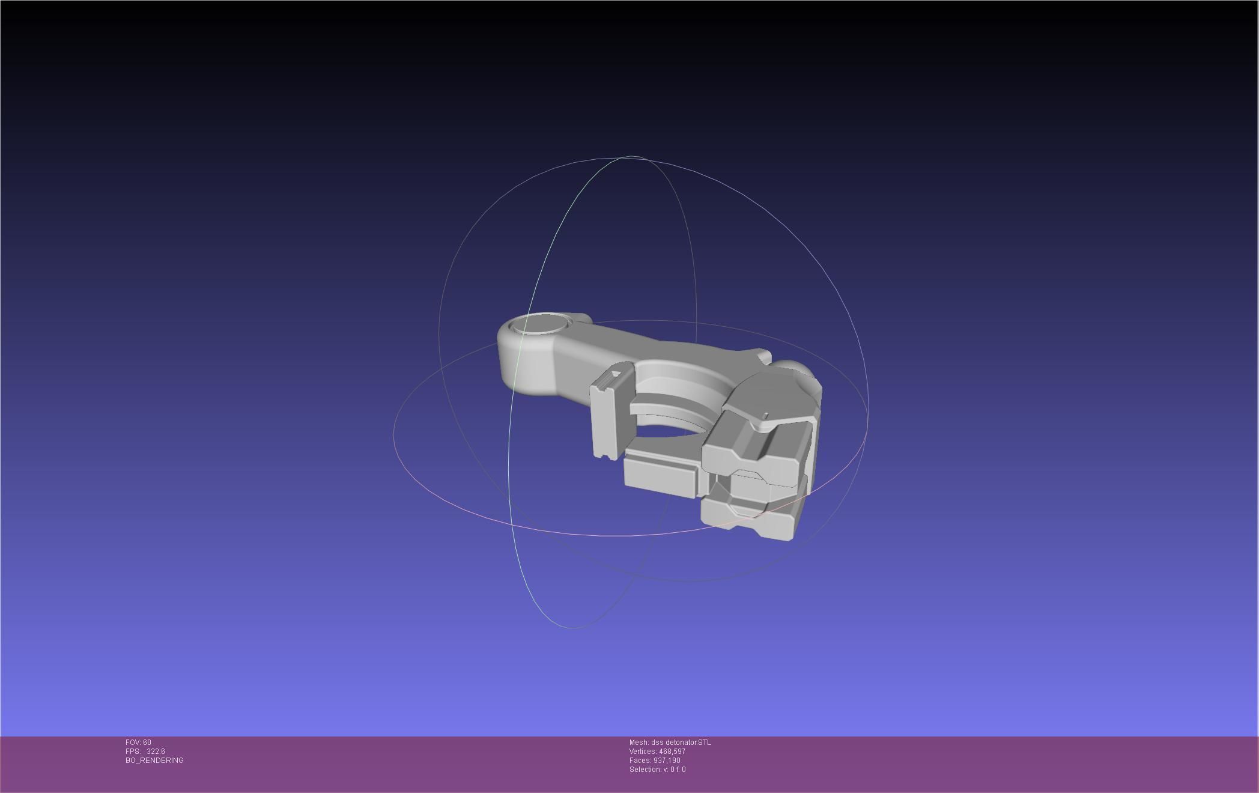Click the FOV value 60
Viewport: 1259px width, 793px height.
(x=147, y=743)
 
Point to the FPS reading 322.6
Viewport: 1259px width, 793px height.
(x=156, y=752)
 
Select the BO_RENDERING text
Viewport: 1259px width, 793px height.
(x=154, y=761)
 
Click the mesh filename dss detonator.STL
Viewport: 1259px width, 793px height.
(x=681, y=743)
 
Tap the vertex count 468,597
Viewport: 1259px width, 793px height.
(x=672, y=752)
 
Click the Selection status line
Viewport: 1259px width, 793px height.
(x=657, y=770)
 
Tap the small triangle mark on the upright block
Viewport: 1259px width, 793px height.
(x=614, y=374)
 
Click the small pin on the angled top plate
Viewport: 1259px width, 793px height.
(x=765, y=415)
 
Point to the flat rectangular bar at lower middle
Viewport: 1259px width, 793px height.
(x=661, y=475)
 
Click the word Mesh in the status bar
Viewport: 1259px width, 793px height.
(x=639, y=743)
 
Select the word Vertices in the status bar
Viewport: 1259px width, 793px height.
(x=643, y=752)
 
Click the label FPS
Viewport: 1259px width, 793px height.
(x=133, y=752)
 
